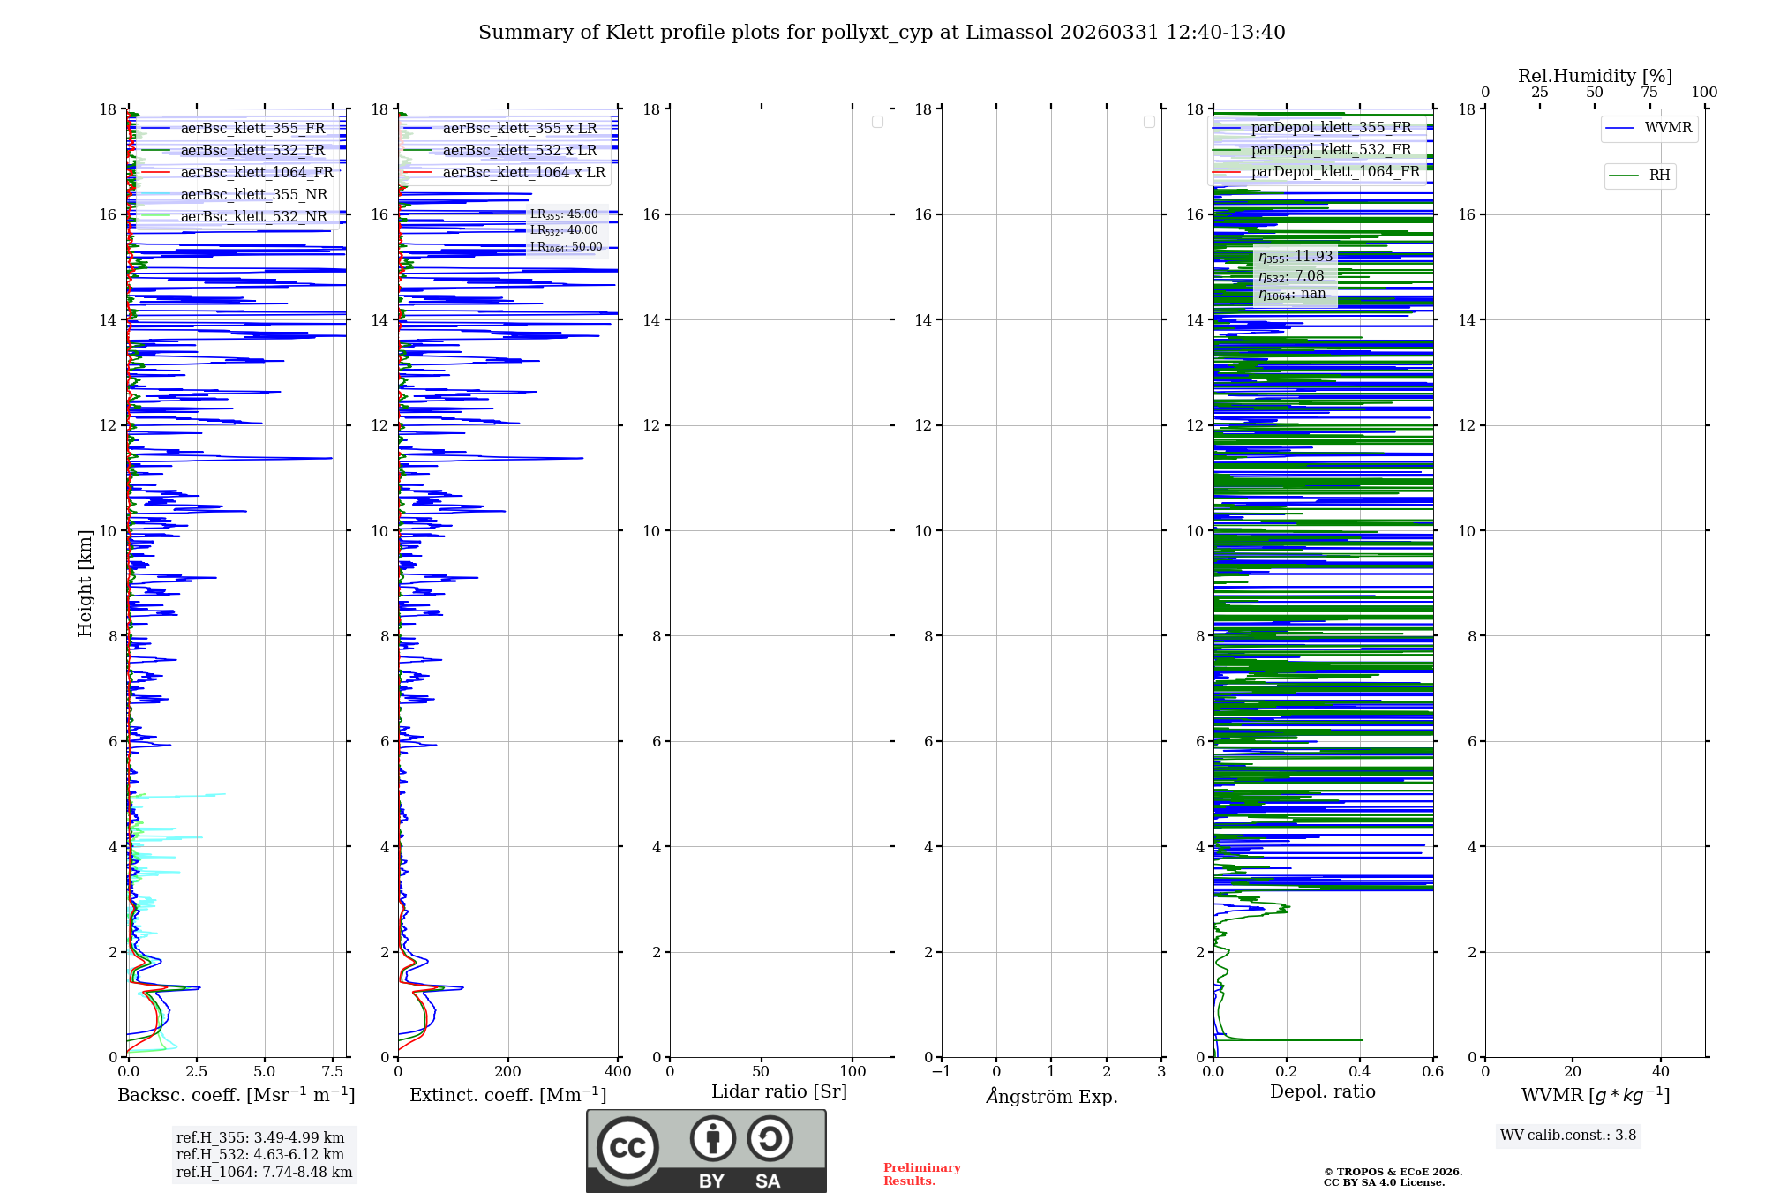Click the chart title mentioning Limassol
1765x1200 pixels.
click(881, 33)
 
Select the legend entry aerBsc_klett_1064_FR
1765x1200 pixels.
click(256, 173)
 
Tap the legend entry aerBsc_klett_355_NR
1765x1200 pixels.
click(253, 195)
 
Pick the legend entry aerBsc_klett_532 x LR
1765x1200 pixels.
click(519, 151)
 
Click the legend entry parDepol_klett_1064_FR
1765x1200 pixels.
click(1334, 172)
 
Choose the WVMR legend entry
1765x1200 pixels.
click(1667, 128)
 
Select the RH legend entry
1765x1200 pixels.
click(1658, 176)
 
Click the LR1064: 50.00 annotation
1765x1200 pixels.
click(566, 248)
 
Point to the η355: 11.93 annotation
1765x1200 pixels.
click(1295, 257)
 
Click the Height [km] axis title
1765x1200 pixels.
click(85, 583)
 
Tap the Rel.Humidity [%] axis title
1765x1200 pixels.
click(1595, 76)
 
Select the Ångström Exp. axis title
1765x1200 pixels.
click(1051, 1097)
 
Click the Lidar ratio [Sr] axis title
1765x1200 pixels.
click(778, 1092)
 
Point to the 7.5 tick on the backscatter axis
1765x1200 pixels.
click(333, 1072)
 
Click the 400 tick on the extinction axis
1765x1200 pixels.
click(618, 1072)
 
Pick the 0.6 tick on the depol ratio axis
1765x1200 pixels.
click(1432, 1072)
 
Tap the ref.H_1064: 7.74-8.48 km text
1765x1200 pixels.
click(264, 1173)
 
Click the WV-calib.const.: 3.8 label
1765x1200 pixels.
click(1567, 1136)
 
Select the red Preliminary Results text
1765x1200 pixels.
click(921, 1174)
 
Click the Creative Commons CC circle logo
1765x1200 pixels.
click(627, 1148)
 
